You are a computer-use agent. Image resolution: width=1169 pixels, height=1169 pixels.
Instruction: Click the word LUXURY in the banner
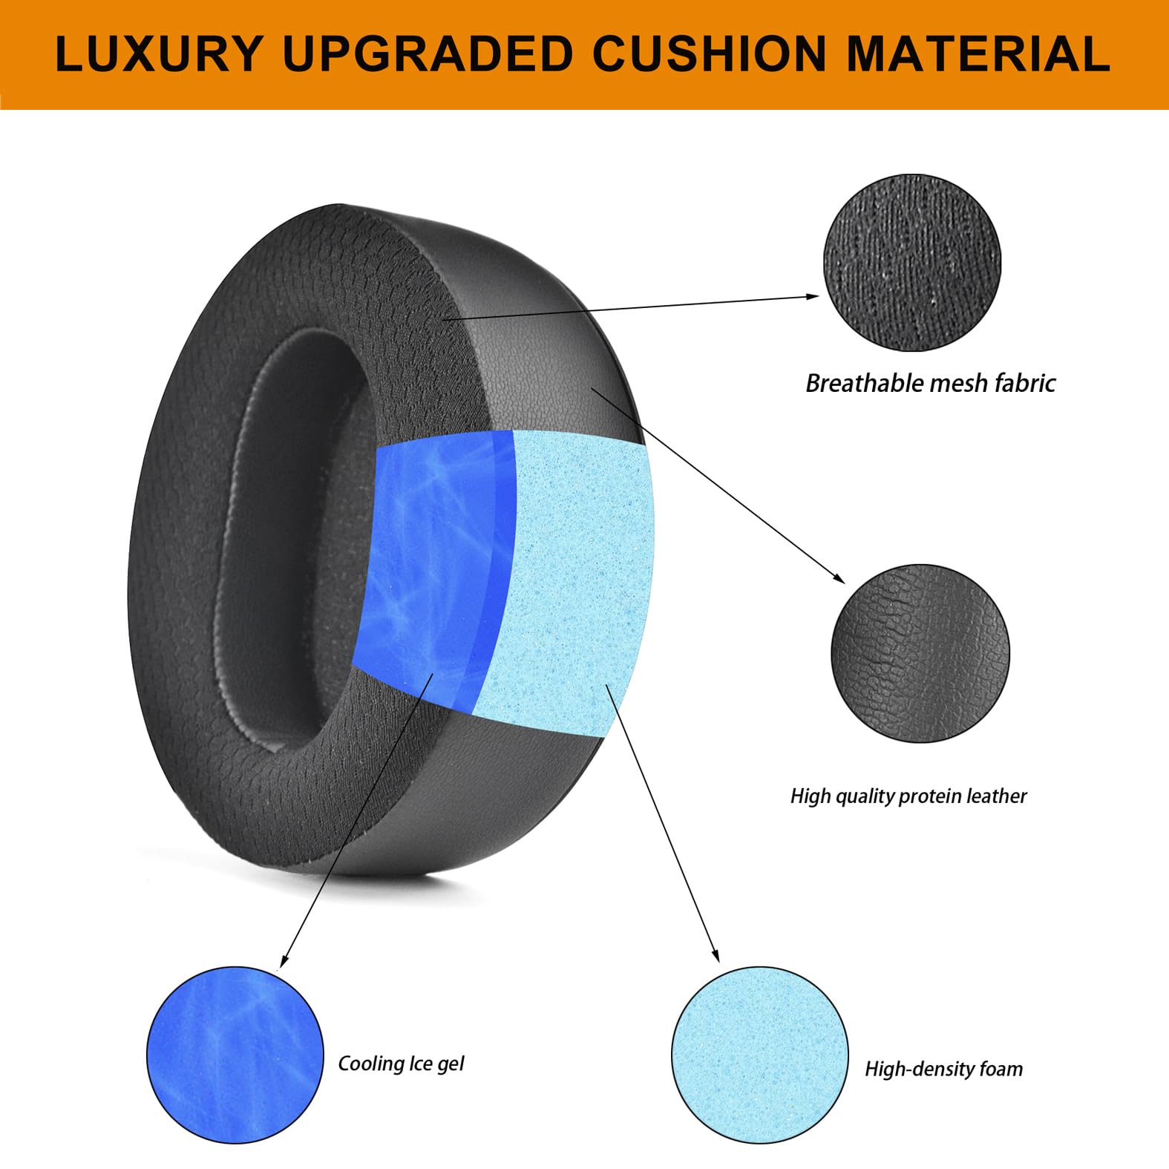click(159, 53)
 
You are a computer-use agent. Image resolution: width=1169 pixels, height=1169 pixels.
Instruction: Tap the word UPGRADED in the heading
click(428, 53)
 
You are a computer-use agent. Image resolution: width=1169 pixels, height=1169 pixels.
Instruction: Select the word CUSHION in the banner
click(710, 53)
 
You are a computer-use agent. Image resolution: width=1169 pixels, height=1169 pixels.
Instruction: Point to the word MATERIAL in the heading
click(978, 53)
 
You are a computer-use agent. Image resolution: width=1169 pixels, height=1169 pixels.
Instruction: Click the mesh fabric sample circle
click(911, 263)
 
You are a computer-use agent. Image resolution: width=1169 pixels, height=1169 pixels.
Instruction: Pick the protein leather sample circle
click(920, 653)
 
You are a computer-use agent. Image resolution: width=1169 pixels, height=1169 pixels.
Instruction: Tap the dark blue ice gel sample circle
click(235, 1055)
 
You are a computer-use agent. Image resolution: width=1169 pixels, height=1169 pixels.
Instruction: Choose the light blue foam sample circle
click(759, 1055)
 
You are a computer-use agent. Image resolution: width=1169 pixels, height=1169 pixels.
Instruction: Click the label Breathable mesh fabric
click(931, 383)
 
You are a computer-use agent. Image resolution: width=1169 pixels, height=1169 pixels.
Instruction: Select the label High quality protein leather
click(908, 796)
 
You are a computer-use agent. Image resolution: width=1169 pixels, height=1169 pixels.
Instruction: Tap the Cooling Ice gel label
click(401, 1064)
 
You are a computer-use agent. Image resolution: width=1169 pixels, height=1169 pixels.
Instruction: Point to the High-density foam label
click(943, 1069)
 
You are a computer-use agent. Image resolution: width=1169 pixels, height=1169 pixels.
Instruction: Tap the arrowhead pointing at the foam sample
click(716, 956)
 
